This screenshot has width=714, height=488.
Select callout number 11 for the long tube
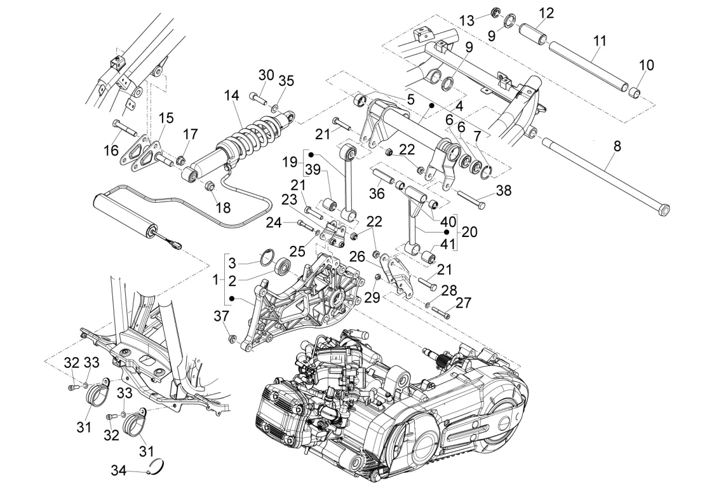599,41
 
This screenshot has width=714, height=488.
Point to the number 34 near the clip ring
118,471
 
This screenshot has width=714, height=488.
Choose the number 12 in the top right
546,13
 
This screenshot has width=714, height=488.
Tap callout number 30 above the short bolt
266,75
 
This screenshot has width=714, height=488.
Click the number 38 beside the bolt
503,190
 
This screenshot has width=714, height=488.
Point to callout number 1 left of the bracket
215,279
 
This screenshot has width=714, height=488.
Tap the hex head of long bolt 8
663,209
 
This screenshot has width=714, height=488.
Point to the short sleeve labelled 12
534,32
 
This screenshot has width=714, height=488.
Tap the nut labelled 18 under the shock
209,187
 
